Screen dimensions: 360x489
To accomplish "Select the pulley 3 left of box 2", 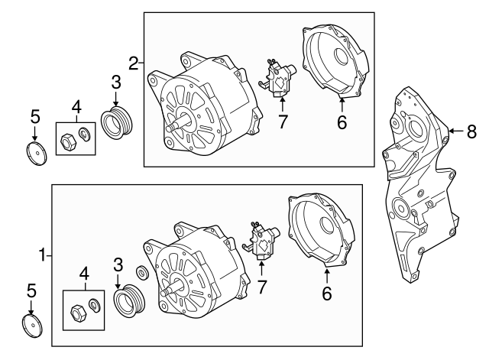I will click(117, 122).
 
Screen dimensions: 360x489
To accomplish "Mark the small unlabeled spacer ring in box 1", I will click(142, 273).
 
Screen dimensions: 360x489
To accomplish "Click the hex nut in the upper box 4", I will click(68, 139).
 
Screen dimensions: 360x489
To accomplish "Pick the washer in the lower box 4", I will click(94, 306).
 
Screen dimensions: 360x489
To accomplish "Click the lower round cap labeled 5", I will click(31, 324).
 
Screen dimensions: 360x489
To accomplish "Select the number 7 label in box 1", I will click(264, 287).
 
